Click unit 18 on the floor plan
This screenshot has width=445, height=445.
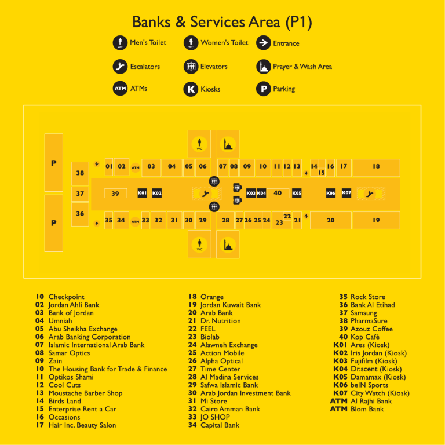coord(376,167)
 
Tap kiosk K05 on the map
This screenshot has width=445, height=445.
coord(297,193)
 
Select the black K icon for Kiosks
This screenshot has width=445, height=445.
coord(191,89)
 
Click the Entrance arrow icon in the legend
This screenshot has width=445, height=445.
coord(264,43)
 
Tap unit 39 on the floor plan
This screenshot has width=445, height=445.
coord(115,194)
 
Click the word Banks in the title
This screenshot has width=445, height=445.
coord(151,22)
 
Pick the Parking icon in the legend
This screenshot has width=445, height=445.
coord(264,89)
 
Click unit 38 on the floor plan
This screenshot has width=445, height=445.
coord(80,173)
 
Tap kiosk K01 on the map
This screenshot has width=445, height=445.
coord(142,193)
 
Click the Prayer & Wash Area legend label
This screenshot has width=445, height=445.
coord(302,67)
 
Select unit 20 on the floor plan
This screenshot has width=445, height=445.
coord(331,220)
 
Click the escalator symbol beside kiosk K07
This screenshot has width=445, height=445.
coord(370,194)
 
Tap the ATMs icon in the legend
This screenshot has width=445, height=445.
coord(120,89)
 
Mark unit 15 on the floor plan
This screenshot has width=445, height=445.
coord(321,173)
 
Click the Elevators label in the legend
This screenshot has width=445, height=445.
coord(214,67)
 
